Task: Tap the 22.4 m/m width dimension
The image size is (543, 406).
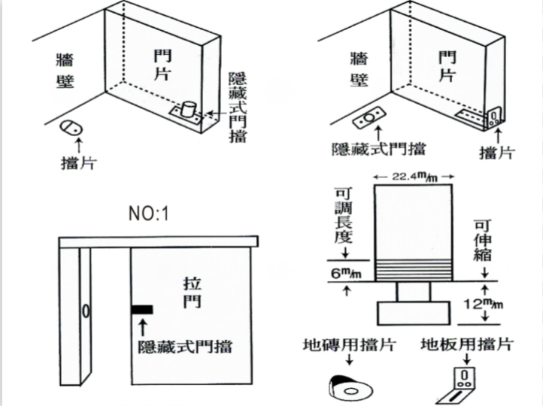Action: (411, 177)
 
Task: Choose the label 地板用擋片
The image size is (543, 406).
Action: (467, 344)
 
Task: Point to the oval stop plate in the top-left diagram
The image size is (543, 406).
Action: (71, 127)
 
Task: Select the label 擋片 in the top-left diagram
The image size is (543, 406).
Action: (77, 162)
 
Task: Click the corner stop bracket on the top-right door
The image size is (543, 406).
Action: (493, 117)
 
